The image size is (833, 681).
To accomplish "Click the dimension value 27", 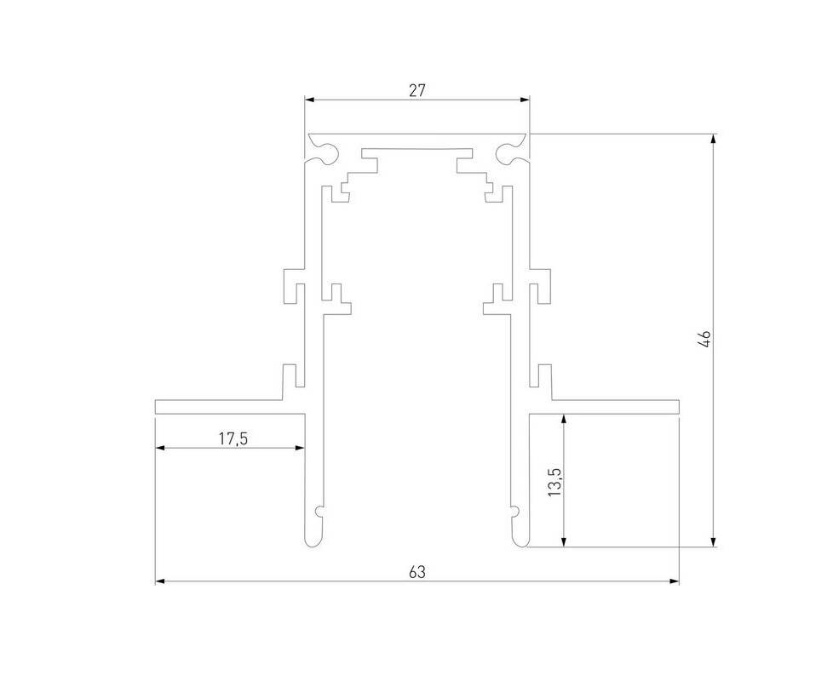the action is point(417,91).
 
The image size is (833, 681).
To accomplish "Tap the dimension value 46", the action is point(705,339).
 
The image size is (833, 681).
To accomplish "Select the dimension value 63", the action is point(417,572).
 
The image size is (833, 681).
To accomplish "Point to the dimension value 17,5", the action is point(233,438).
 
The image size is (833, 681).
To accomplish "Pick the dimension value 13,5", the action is point(555,482).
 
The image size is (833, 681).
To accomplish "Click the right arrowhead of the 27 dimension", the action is point(525,100).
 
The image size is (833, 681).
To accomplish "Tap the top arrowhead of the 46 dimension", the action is point(713,139).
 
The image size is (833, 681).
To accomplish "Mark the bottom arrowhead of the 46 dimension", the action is point(713,541).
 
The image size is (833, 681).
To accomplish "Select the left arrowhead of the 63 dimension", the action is point(161,581).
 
